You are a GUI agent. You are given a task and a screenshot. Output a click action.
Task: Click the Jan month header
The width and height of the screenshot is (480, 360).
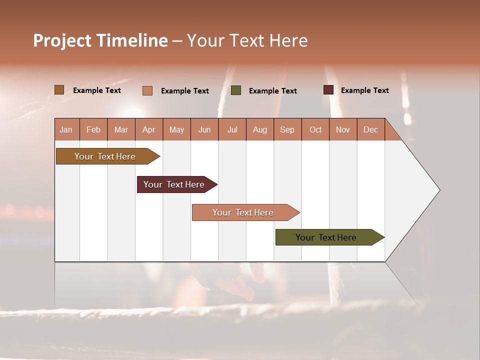click(x=66, y=129)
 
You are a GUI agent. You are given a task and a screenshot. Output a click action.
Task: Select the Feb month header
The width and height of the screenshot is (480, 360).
click(x=93, y=129)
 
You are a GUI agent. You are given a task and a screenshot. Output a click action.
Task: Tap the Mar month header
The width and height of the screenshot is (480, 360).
click(x=121, y=129)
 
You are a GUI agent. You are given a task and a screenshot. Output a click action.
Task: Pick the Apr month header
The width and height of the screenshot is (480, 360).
click(x=148, y=129)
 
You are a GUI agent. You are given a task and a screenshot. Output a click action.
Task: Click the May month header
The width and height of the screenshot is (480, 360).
click(x=176, y=129)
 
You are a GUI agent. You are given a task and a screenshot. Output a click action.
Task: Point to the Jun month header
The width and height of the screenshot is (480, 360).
click(x=204, y=129)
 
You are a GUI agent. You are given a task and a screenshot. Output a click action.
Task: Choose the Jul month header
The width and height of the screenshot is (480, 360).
click(x=232, y=129)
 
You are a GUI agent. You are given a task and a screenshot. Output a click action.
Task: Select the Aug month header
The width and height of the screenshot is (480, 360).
click(x=259, y=129)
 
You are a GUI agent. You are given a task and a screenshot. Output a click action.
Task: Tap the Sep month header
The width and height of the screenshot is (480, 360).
click(x=287, y=129)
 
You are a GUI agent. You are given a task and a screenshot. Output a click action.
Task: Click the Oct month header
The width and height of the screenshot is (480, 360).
click(x=315, y=129)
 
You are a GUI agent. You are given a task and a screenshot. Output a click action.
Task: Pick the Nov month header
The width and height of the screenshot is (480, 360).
click(x=342, y=129)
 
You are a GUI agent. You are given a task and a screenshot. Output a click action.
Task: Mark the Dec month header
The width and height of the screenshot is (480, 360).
click(x=370, y=129)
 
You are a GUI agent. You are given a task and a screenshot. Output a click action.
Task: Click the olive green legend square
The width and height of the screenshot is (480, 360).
click(x=236, y=90)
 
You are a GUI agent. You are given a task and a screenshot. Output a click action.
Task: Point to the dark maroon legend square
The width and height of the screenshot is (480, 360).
click(x=328, y=90)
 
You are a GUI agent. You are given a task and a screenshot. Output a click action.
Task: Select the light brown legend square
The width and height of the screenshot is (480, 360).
click(x=59, y=90)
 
